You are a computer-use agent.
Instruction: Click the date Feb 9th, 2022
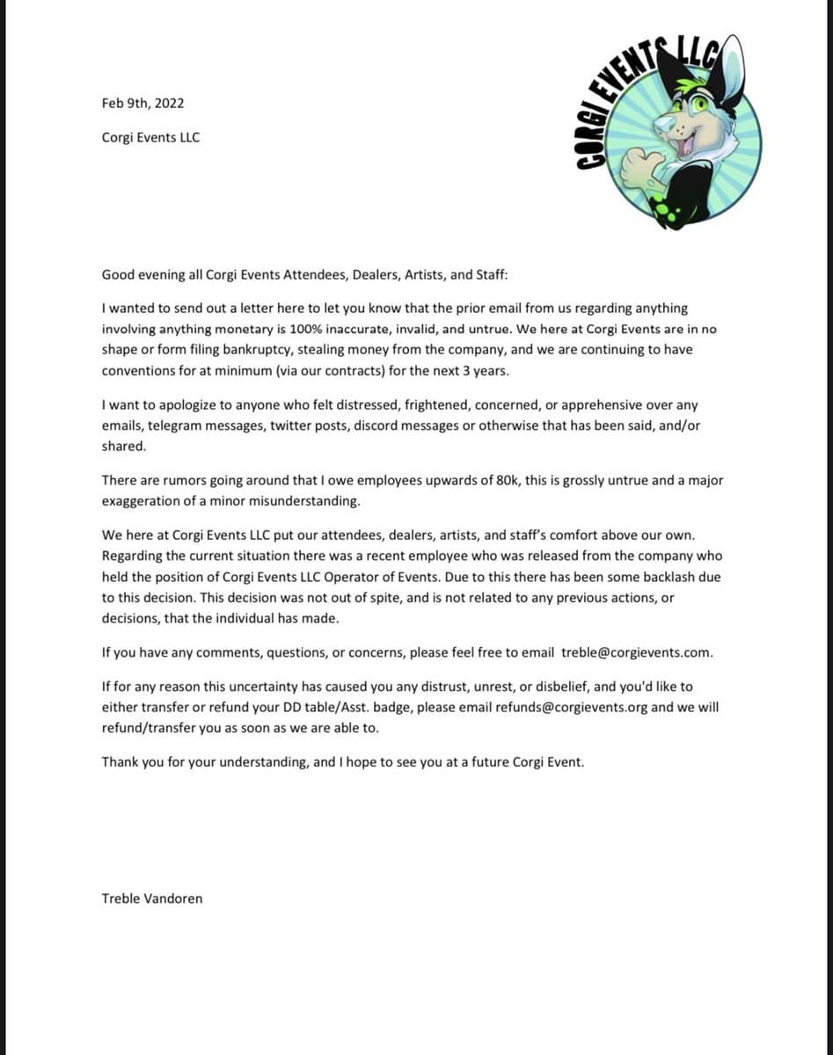coord(142,103)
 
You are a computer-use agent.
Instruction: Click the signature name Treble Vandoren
coord(151,898)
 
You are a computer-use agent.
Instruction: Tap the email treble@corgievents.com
coord(636,652)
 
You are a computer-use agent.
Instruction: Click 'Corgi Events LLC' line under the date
coord(150,137)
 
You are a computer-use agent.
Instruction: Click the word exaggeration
coord(143,500)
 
